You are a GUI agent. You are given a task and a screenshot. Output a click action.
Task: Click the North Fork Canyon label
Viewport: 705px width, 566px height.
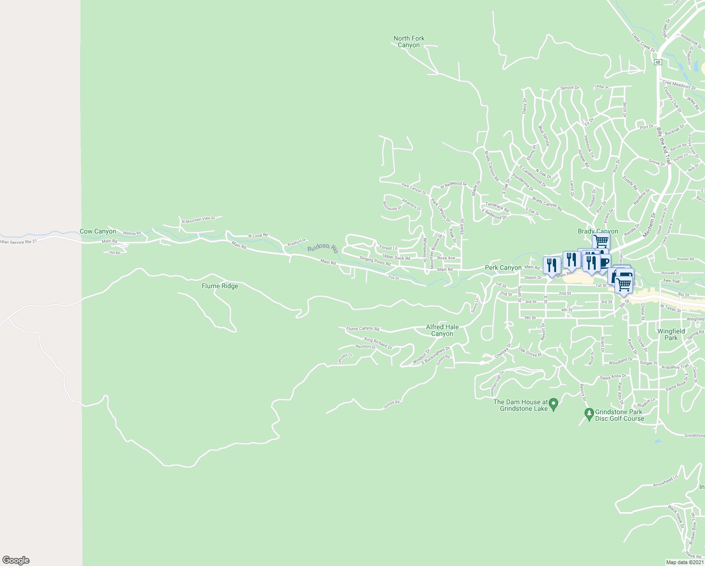(409, 42)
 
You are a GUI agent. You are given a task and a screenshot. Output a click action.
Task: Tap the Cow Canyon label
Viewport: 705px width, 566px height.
(98, 231)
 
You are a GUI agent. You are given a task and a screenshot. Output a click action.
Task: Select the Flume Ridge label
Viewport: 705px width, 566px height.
(220, 286)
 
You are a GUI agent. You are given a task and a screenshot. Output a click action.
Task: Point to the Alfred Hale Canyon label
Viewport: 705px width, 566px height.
(442, 330)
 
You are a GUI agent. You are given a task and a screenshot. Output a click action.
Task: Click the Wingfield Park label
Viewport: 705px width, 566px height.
(671, 334)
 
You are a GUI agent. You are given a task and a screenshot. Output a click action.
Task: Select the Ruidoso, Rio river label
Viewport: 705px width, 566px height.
(323, 249)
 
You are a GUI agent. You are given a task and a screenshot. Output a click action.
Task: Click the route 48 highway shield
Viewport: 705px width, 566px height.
(658, 62)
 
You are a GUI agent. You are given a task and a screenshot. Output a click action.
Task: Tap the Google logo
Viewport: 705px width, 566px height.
(16, 560)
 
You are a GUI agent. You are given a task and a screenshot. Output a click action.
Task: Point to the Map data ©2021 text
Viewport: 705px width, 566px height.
(685, 562)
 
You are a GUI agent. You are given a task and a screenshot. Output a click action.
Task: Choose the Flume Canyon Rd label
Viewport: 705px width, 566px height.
(362, 329)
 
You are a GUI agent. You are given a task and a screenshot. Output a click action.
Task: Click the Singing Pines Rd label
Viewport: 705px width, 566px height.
(375, 261)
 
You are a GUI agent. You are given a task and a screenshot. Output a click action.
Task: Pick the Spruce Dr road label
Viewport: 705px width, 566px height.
(569, 88)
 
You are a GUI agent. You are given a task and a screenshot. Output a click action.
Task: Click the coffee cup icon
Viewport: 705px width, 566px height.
(604, 262)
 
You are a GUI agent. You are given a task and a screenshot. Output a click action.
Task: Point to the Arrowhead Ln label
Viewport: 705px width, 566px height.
(665, 481)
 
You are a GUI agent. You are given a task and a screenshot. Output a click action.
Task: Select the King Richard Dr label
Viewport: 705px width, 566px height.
(378, 343)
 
